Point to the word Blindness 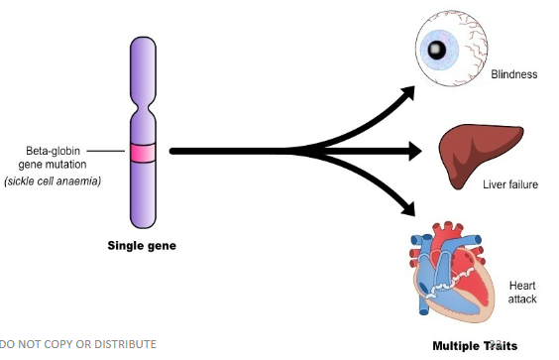click(513, 74)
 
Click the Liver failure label click(509, 184)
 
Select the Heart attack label click(522, 292)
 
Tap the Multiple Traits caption click(475, 346)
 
